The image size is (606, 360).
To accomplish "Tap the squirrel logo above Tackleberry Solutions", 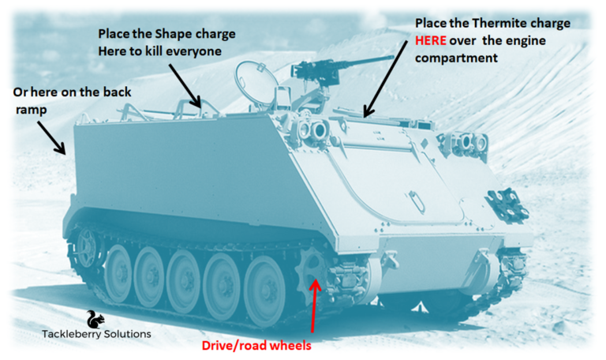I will point(95,319).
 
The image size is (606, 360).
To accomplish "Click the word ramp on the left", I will point(29,109).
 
